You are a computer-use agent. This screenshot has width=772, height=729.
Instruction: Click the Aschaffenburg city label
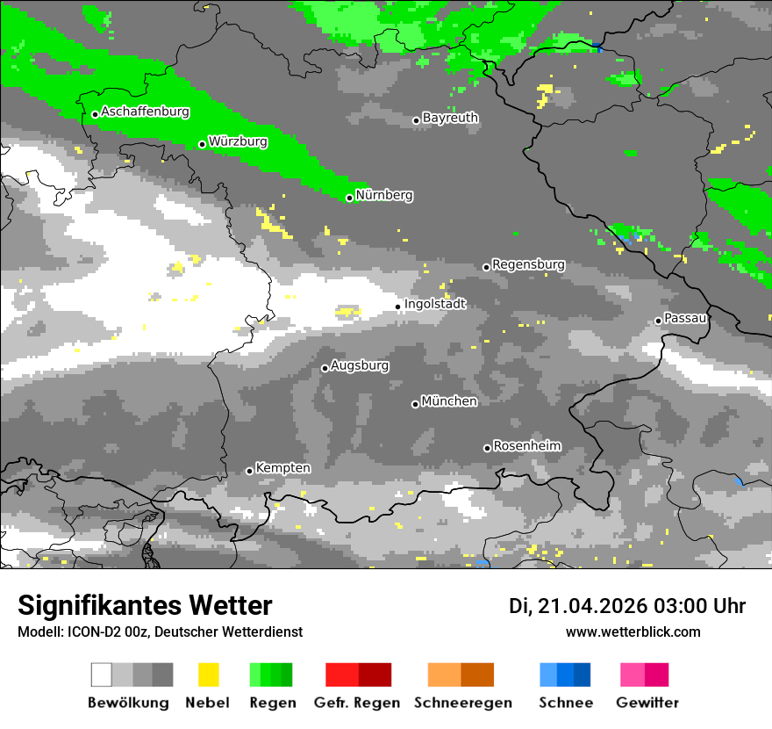click(x=145, y=112)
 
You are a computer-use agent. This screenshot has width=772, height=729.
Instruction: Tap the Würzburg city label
click(x=238, y=141)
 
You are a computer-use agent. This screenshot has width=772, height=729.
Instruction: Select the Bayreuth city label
click(x=450, y=118)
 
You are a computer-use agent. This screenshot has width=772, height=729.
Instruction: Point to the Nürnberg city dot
click(x=349, y=198)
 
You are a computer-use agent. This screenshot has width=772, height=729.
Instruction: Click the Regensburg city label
click(x=528, y=264)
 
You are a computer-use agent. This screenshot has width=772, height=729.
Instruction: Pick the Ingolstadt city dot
click(x=398, y=307)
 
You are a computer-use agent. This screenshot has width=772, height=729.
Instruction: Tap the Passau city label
click(x=686, y=318)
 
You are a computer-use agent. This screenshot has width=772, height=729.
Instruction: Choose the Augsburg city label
click(x=360, y=365)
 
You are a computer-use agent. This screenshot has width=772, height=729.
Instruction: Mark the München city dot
click(x=415, y=404)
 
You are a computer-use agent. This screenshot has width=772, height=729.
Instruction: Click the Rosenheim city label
click(x=526, y=446)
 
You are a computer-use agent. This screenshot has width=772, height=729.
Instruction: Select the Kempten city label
click(x=282, y=468)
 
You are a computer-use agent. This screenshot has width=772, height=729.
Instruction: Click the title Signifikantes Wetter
click(x=145, y=606)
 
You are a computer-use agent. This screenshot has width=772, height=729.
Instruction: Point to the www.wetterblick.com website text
click(x=633, y=632)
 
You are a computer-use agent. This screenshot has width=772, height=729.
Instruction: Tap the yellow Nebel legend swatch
click(x=208, y=675)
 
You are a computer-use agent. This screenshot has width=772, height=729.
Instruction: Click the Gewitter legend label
click(x=647, y=703)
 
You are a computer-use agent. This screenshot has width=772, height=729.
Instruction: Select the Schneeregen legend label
click(x=463, y=703)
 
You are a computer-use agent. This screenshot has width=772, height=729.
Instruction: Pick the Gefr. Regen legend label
click(x=357, y=703)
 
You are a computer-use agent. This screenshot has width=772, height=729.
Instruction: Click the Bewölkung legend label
click(x=128, y=703)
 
